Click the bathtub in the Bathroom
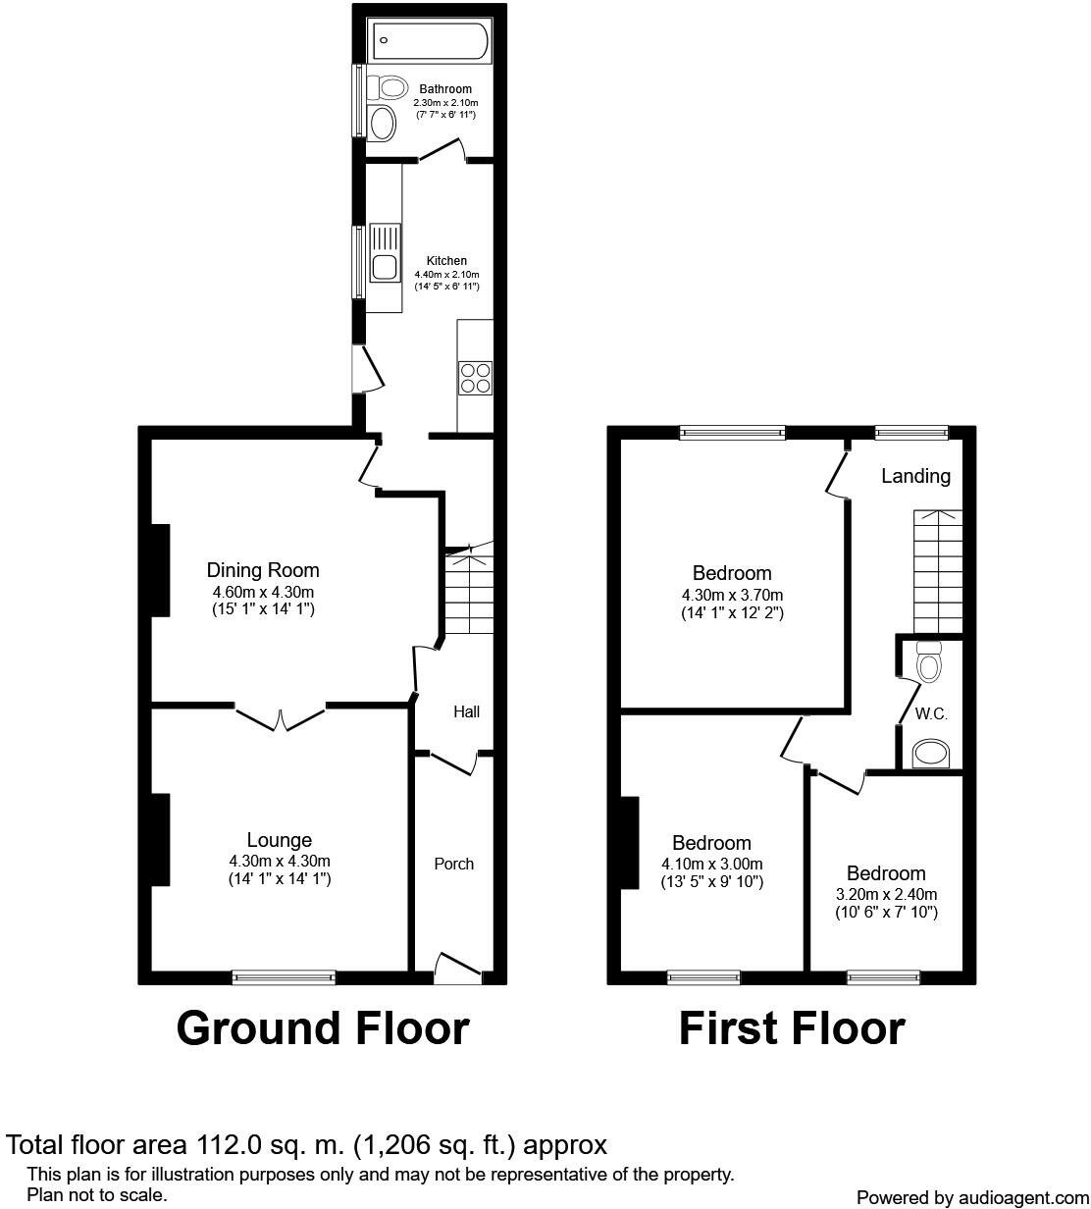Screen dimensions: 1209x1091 [428, 41]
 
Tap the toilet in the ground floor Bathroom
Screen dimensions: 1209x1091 [390, 87]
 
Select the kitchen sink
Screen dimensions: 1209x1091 [383, 266]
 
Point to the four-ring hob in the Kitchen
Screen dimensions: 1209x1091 [475, 378]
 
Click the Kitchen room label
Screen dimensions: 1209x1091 [446, 261]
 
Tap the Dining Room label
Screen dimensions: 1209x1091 [263, 570]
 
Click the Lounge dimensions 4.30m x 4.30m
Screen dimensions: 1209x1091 [280, 862]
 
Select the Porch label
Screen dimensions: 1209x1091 [454, 864]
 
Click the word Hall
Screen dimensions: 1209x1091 [466, 711]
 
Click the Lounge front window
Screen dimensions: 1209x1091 [284, 976]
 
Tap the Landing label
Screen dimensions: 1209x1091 [915, 476]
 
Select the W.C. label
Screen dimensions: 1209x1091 [931, 713]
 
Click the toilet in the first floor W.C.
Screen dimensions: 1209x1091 [928, 663]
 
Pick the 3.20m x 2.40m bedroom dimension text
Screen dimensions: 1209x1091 [886, 895]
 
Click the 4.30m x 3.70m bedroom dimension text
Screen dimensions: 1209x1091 [732, 595]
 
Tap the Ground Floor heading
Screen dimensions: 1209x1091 [323, 1028]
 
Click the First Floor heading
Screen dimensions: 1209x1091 [792, 1028]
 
